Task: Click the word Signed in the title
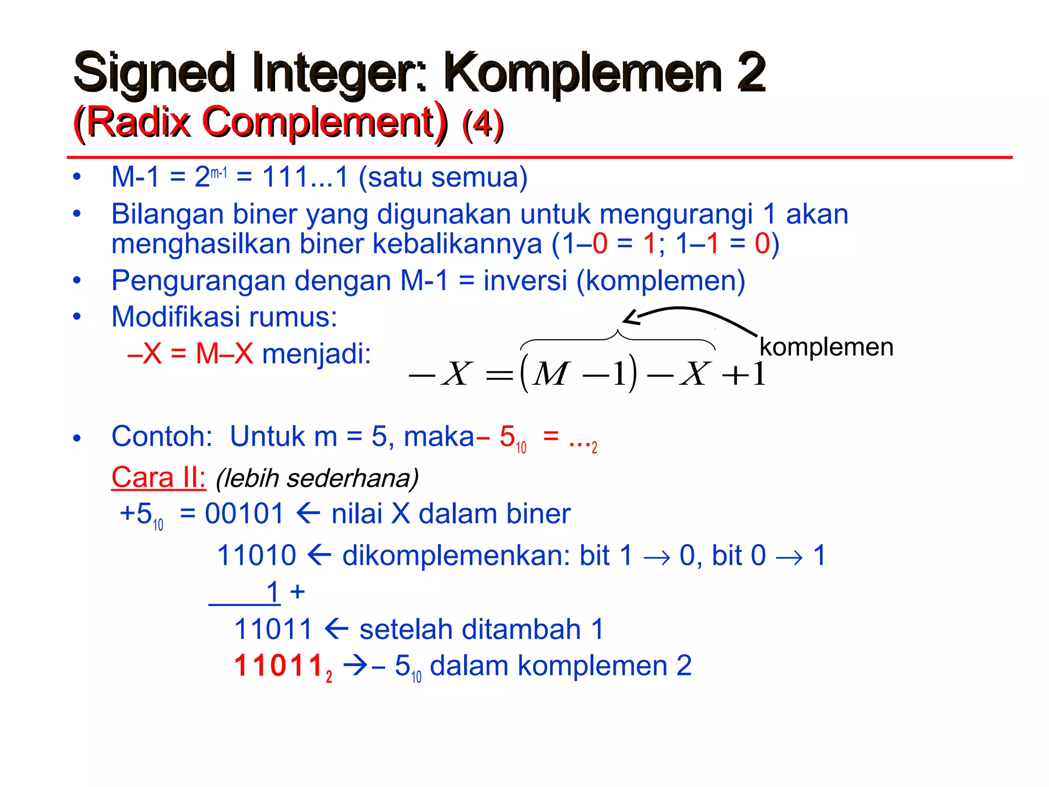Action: coord(154,73)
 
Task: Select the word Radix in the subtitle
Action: coord(138,123)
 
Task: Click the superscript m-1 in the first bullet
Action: coord(219,173)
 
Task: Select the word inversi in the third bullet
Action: coord(525,281)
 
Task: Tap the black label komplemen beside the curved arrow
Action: coord(826,347)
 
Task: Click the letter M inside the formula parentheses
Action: coord(550,374)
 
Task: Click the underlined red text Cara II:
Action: coord(158,478)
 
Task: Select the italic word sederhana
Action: coord(352,479)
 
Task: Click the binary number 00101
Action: coord(244,514)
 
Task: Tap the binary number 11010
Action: coord(257,555)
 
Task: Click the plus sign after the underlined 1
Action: coord(297,592)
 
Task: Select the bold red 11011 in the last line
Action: coord(278,666)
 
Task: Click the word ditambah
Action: coord(470,630)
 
